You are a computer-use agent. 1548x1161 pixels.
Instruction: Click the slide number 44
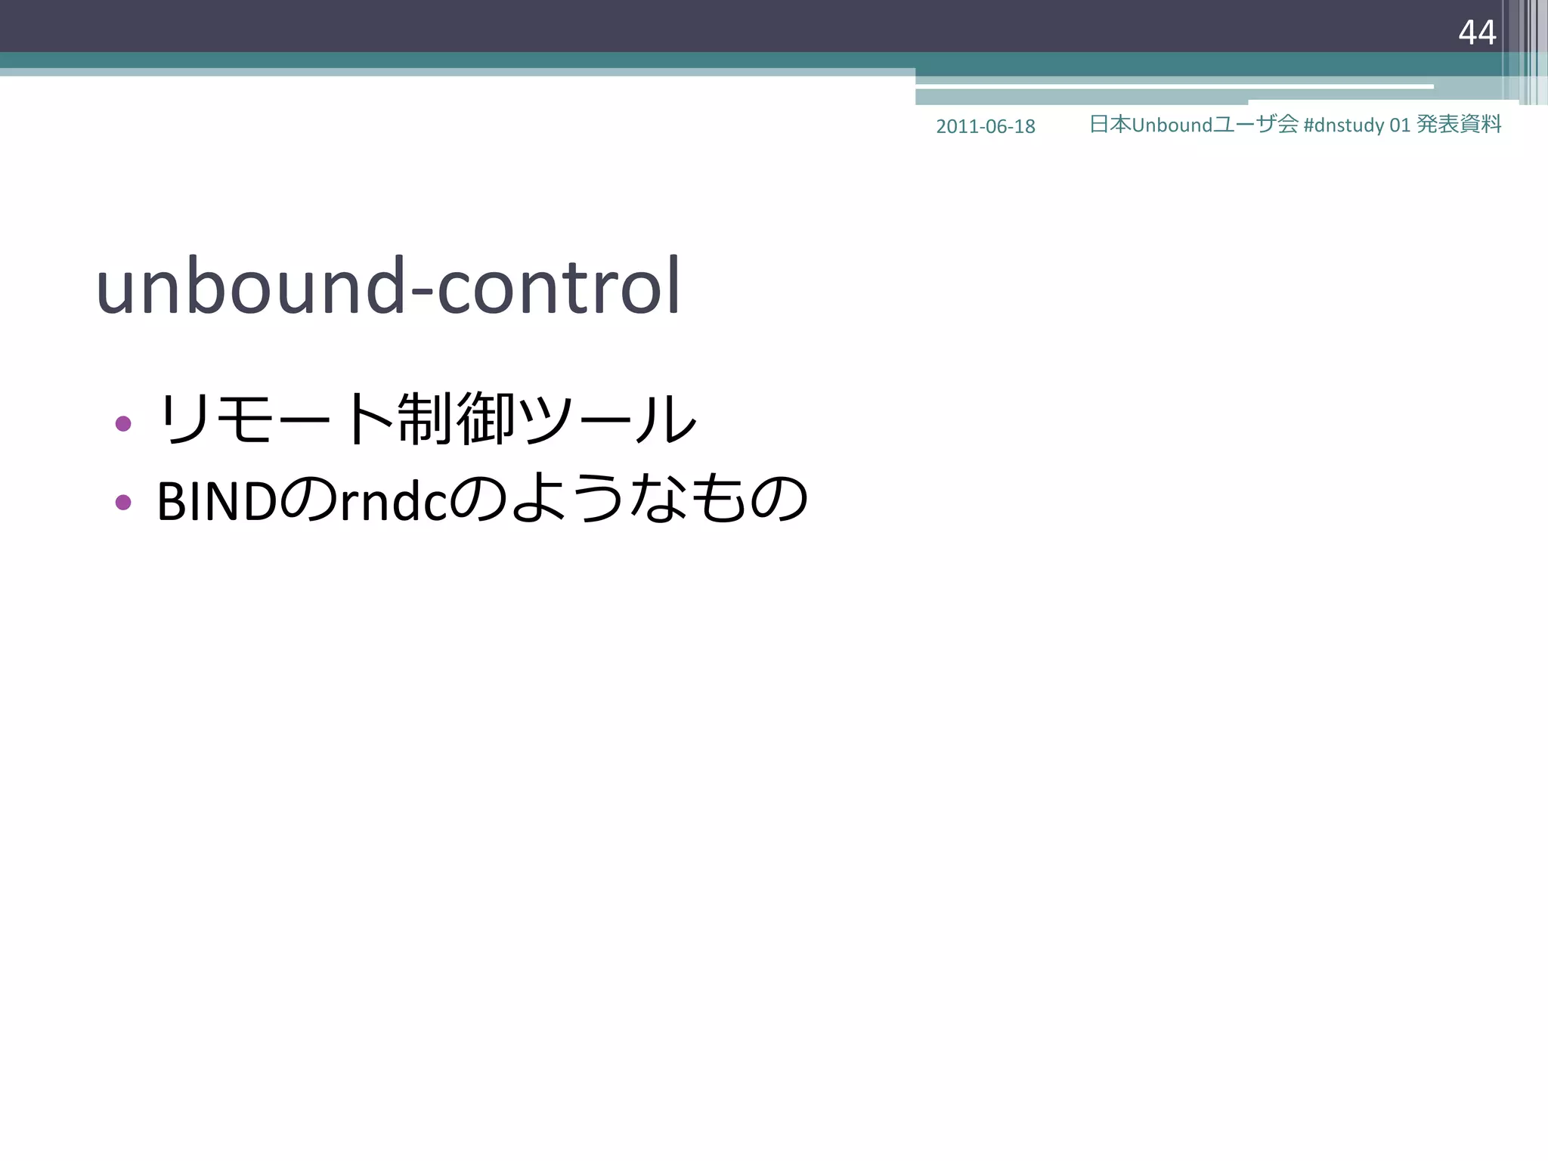(x=1477, y=33)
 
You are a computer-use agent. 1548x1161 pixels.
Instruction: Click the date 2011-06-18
(x=985, y=126)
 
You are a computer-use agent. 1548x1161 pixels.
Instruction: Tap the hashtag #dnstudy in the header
(x=1343, y=125)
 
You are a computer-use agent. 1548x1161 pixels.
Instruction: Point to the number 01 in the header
(x=1400, y=125)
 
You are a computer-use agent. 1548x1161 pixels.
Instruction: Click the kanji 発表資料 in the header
(x=1459, y=124)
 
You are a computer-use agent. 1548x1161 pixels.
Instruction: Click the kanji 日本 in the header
(x=1110, y=124)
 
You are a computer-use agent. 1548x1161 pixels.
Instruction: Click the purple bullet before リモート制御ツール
(x=123, y=423)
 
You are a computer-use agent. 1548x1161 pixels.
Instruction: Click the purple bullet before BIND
(x=123, y=502)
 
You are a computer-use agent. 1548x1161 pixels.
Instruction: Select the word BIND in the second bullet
(x=216, y=501)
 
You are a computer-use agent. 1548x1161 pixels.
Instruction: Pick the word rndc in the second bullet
(x=394, y=501)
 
